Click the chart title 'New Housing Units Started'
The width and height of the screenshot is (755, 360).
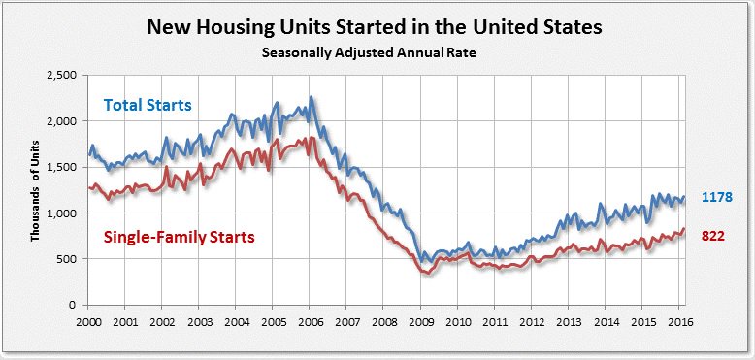pyautogui.click(x=375, y=27)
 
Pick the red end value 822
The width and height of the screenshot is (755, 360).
pyautogui.click(x=713, y=235)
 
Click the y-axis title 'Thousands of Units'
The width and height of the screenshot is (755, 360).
pyautogui.click(x=35, y=189)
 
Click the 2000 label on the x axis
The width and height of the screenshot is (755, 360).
pyautogui.click(x=88, y=321)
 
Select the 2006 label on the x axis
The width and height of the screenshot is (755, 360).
pyautogui.click(x=310, y=321)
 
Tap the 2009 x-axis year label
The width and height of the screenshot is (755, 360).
pyautogui.click(x=420, y=321)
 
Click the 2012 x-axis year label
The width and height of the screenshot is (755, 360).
pyautogui.click(x=531, y=321)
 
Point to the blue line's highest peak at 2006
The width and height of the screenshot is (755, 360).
pyautogui.click(x=311, y=97)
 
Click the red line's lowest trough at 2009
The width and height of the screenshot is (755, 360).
pyautogui.click(x=425, y=274)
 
